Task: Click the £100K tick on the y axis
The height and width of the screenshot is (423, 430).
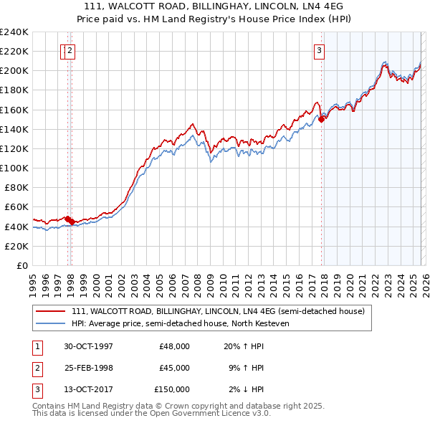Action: click(x=14, y=168)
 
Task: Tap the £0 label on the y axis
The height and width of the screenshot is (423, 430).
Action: click(x=23, y=265)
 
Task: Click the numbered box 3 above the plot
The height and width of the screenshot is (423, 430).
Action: click(x=318, y=50)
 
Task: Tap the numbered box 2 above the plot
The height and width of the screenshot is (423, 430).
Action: click(x=71, y=50)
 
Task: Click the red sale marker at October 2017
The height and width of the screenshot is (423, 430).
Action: click(x=321, y=120)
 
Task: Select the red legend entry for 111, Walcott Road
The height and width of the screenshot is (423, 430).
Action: click(x=218, y=311)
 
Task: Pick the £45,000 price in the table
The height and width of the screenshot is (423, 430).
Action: click(x=174, y=368)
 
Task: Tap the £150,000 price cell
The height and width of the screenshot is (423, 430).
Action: click(x=172, y=389)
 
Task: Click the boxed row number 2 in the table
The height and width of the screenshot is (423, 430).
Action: click(x=37, y=368)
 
